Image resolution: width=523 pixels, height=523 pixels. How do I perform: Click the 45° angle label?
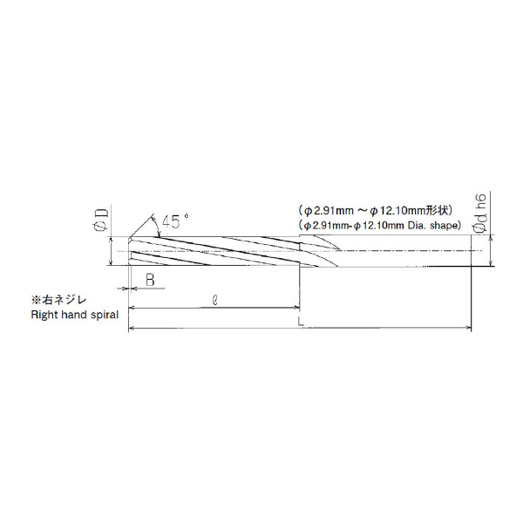175,221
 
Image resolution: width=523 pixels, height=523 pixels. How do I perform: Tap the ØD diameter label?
102,219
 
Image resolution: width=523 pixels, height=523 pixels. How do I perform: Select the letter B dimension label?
150,280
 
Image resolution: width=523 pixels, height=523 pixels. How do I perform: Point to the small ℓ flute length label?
215,300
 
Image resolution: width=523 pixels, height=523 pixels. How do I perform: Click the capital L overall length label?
301,321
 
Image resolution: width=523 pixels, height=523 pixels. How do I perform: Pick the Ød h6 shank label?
480,212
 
